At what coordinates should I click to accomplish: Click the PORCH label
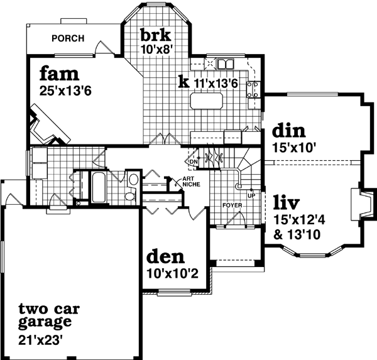click(x=68, y=38)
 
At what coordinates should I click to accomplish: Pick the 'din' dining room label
click(x=288, y=131)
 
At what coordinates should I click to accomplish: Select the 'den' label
click(x=165, y=257)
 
